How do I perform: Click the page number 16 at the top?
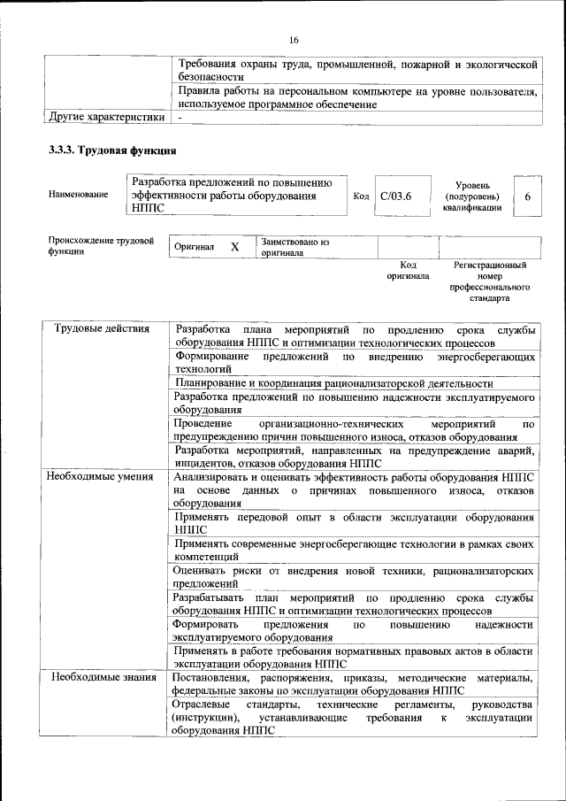point(294,39)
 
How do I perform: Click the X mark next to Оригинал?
point(234,247)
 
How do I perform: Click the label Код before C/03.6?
point(361,196)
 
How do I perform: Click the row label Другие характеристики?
point(106,116)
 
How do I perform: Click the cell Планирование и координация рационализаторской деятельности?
point(333,383)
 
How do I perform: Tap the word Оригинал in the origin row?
point(195,247)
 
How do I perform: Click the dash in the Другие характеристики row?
point(180,116)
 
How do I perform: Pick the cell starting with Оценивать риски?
point(354,577)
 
